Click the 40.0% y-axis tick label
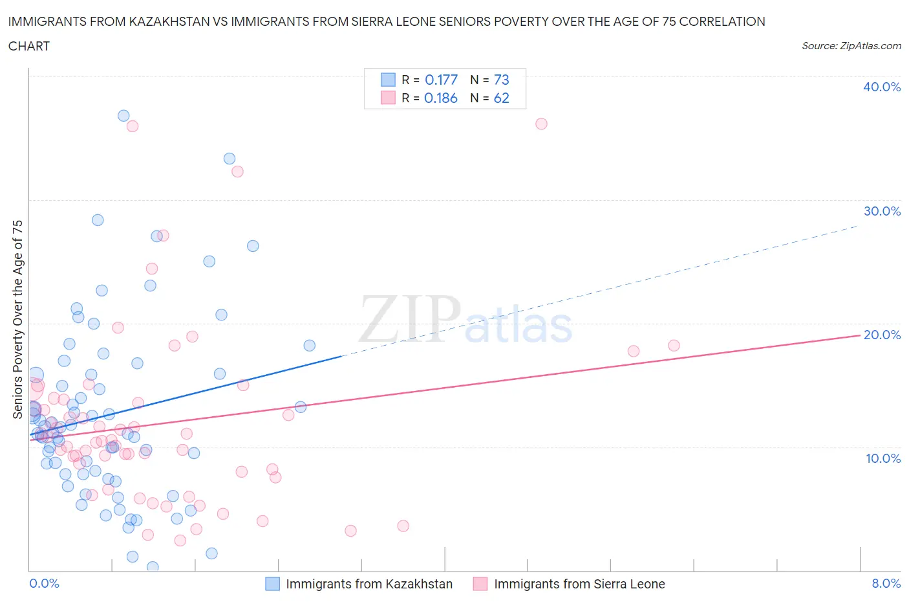coord(881,87)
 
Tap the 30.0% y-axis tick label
coord(881,211)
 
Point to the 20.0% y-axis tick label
coord(881,335)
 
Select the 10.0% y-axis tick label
coord(882,458)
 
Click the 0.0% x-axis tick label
coord(44,583)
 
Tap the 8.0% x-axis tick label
coord(886,583)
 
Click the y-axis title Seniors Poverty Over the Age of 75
coord(17,319)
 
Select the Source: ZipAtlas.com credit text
coord(851,46)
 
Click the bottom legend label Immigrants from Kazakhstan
coord(369,584)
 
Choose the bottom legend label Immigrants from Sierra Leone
coord(579,584)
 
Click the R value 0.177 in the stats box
coord(441,80)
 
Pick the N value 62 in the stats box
coord(501,98)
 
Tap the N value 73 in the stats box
coord(501,80)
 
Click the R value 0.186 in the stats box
coord(441,98)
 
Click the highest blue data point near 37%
coord(123,116)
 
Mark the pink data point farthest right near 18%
coord(674,346)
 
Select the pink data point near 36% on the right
coord(541,124)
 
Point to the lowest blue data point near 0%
coord(153,567)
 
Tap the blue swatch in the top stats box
coord(388,80)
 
